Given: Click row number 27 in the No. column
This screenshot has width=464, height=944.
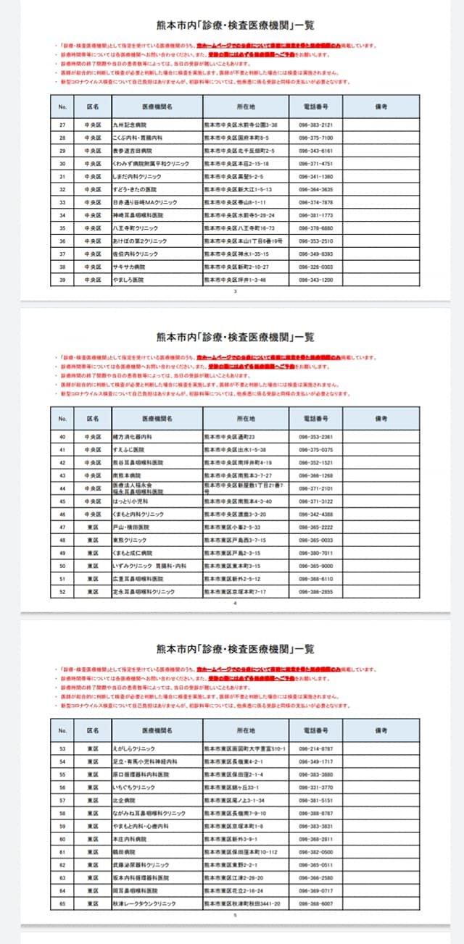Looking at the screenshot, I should pos(62,125).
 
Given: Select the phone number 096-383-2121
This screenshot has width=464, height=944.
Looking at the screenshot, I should pos(315,125).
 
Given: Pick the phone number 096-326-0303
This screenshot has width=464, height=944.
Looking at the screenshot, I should pos(315,267).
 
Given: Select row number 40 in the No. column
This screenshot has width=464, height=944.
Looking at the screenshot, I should pos(62,437).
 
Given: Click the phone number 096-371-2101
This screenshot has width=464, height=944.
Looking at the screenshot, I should pos(315,488).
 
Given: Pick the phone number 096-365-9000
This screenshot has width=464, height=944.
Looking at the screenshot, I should pos(315,566).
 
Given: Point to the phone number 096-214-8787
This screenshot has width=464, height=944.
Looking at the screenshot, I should pos(315,748).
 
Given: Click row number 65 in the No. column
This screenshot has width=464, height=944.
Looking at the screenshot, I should pos(62,904).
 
